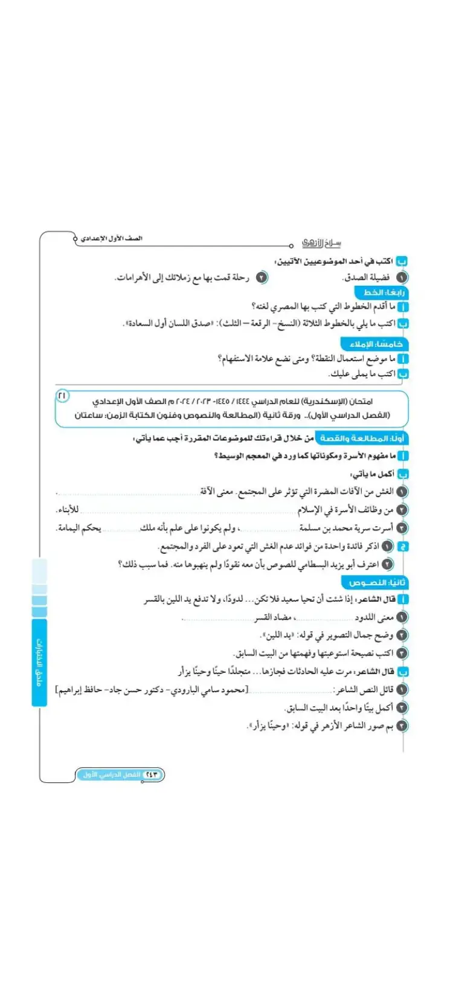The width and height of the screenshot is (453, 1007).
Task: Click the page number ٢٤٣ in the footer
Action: [x=152, y=774]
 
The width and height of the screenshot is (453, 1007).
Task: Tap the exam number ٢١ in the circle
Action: [x=62, y=395]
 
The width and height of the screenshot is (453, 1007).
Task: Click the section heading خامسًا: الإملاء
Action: [x=376, y=344]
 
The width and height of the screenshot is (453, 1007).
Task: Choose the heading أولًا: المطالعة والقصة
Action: [x=362, y=438]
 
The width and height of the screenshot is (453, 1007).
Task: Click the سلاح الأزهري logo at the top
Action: [x=321, y=243]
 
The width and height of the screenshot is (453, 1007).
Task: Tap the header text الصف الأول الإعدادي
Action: [x=112, y=239]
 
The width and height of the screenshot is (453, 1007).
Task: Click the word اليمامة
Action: [x=68, y=528]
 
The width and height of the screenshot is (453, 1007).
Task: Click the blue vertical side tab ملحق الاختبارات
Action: [x=39, y=661]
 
